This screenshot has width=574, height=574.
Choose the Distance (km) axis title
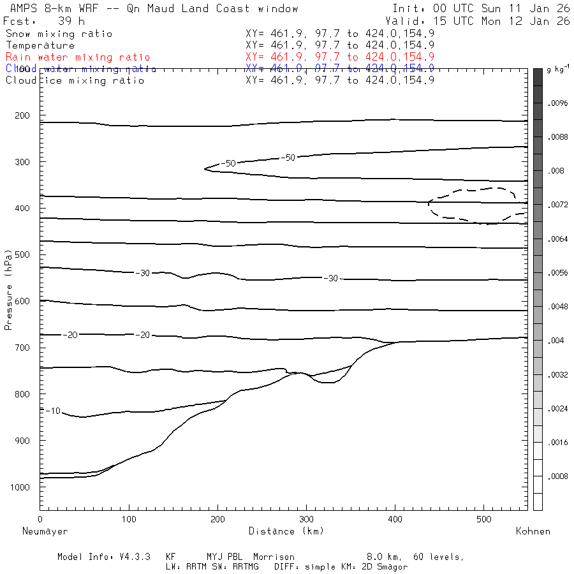(286, 531)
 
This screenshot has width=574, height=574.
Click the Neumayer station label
(45, 531)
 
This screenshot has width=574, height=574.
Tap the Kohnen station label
(533, 531)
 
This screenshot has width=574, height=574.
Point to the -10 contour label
(53, 411)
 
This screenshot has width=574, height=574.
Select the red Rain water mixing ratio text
(78, 57)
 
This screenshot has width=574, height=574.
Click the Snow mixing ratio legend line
(59, 34)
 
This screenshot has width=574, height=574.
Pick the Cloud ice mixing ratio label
(75, 80)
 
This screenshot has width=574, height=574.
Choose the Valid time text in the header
(482, 21)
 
